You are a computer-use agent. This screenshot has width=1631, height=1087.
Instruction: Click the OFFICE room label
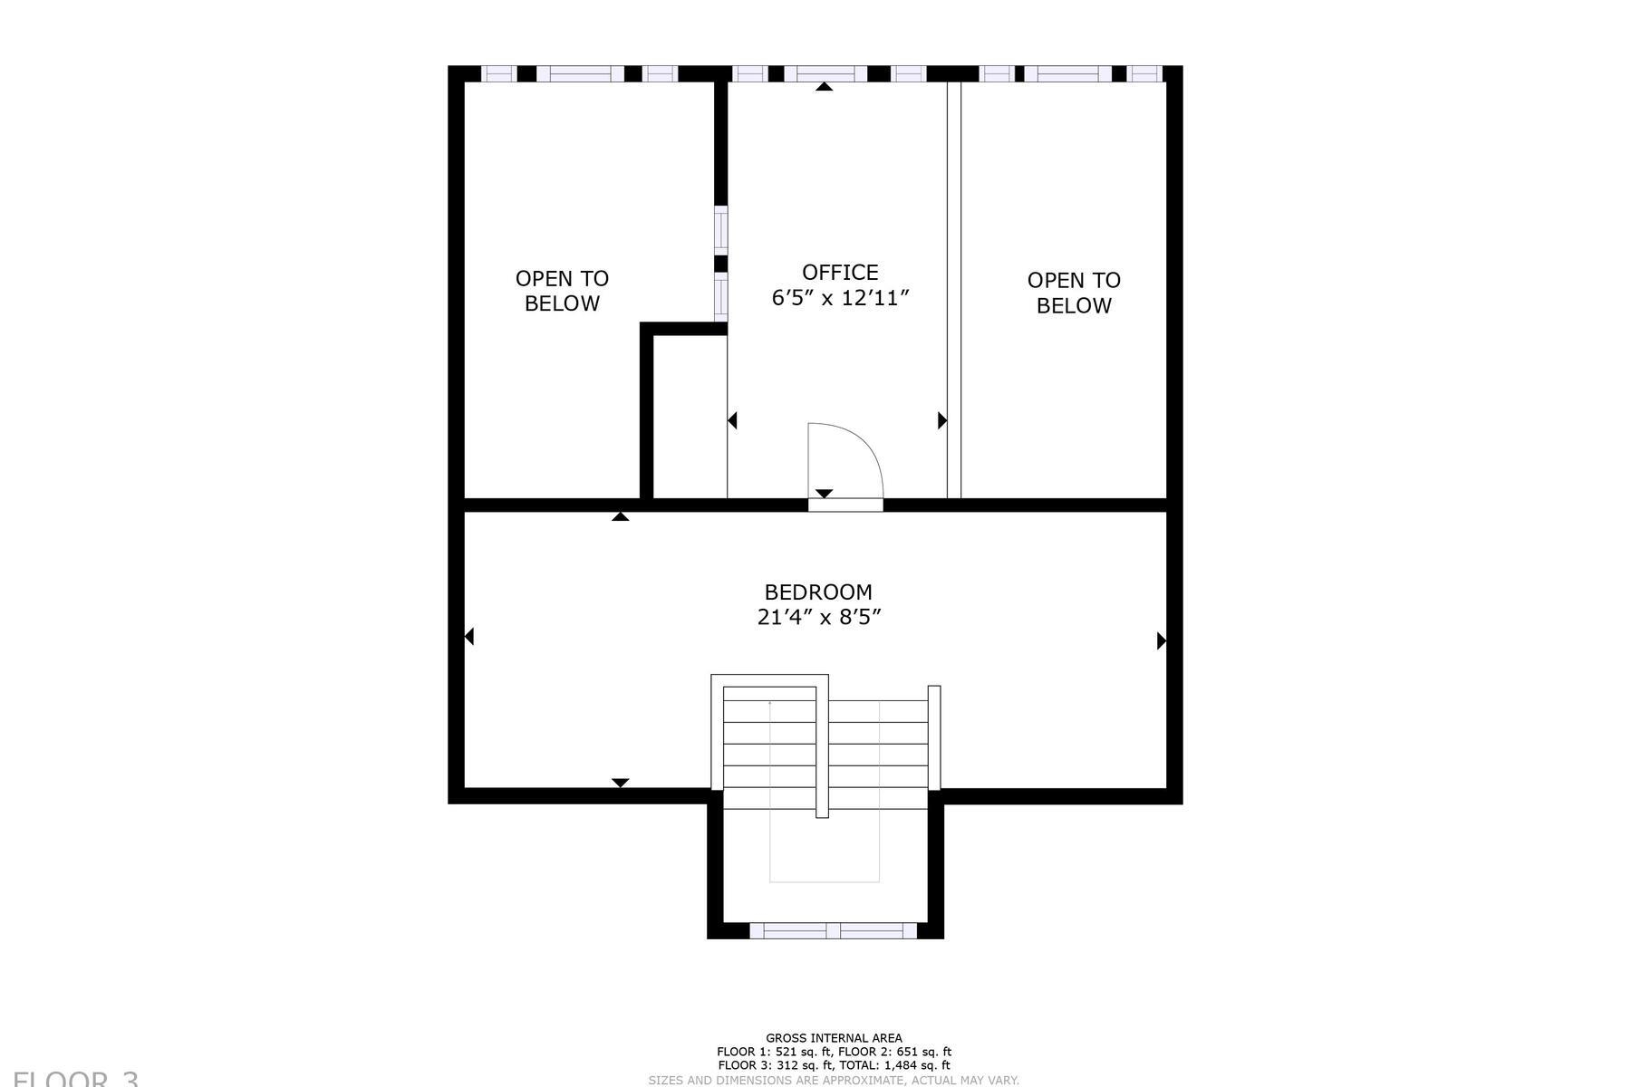[840, 273]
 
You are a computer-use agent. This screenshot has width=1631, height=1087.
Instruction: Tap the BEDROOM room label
[818, 592]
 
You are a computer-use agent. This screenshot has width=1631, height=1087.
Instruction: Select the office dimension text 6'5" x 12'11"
[840, 299]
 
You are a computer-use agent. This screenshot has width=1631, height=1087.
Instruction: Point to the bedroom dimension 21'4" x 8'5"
[819, 618]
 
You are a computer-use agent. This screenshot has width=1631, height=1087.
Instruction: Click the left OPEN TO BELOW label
[562, 291]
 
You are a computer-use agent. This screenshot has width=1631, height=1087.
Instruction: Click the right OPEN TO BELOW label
[1074, 293]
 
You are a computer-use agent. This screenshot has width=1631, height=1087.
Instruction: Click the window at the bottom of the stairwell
[833, 930]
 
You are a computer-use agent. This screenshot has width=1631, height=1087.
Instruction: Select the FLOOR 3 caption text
[76, 1078]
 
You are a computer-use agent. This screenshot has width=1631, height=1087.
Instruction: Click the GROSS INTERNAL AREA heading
[834, 1038]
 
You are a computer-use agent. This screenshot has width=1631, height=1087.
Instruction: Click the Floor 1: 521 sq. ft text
[774, 1052]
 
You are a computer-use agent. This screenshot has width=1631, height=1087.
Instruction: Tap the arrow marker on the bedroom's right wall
[1161, 640]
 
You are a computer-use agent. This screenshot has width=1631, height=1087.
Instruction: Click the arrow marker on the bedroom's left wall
[469, 637]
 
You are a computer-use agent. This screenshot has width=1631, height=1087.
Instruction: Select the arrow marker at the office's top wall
[824, 87]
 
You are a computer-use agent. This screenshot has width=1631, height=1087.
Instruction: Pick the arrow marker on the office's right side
[941, 420]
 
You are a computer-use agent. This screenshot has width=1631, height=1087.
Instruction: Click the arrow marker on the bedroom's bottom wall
[620, 783]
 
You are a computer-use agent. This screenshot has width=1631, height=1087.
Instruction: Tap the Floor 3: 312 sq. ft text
[775, 1065]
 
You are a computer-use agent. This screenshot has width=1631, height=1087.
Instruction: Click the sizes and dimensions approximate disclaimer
[834, 1080]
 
